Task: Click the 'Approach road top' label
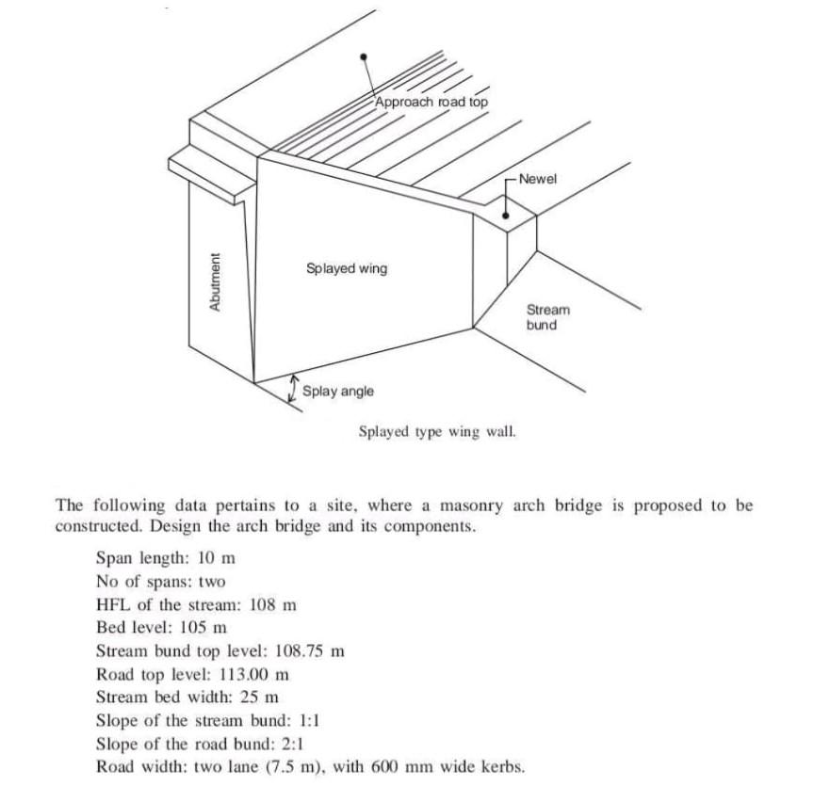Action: click(x=431, y=102)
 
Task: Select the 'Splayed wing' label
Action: click(x=347, y=268)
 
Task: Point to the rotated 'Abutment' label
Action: click(x=215, y=281)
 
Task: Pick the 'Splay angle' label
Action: click(x=338, y=391)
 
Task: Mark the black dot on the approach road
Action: click(x=363, y=56)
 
